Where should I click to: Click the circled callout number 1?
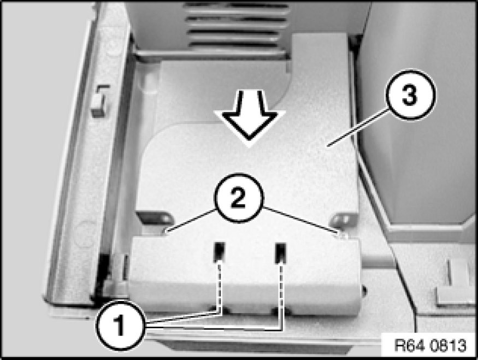[x=120, y=325]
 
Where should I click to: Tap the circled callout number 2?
[x=239, y=198]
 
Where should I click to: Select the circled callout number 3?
[x=410, y=95]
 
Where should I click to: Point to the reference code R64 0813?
[x=430, y=345]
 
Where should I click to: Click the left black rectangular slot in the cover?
[x=219, y=252]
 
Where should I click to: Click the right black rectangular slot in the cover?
[x=280, y=253]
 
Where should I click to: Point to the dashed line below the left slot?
[x=220, y=288]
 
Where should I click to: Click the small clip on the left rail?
[x=101, y=101]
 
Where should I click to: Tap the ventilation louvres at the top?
[x=236, y=26]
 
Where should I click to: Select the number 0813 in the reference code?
[x=448, y=345]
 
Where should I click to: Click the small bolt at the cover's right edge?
[x=364, y=291]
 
